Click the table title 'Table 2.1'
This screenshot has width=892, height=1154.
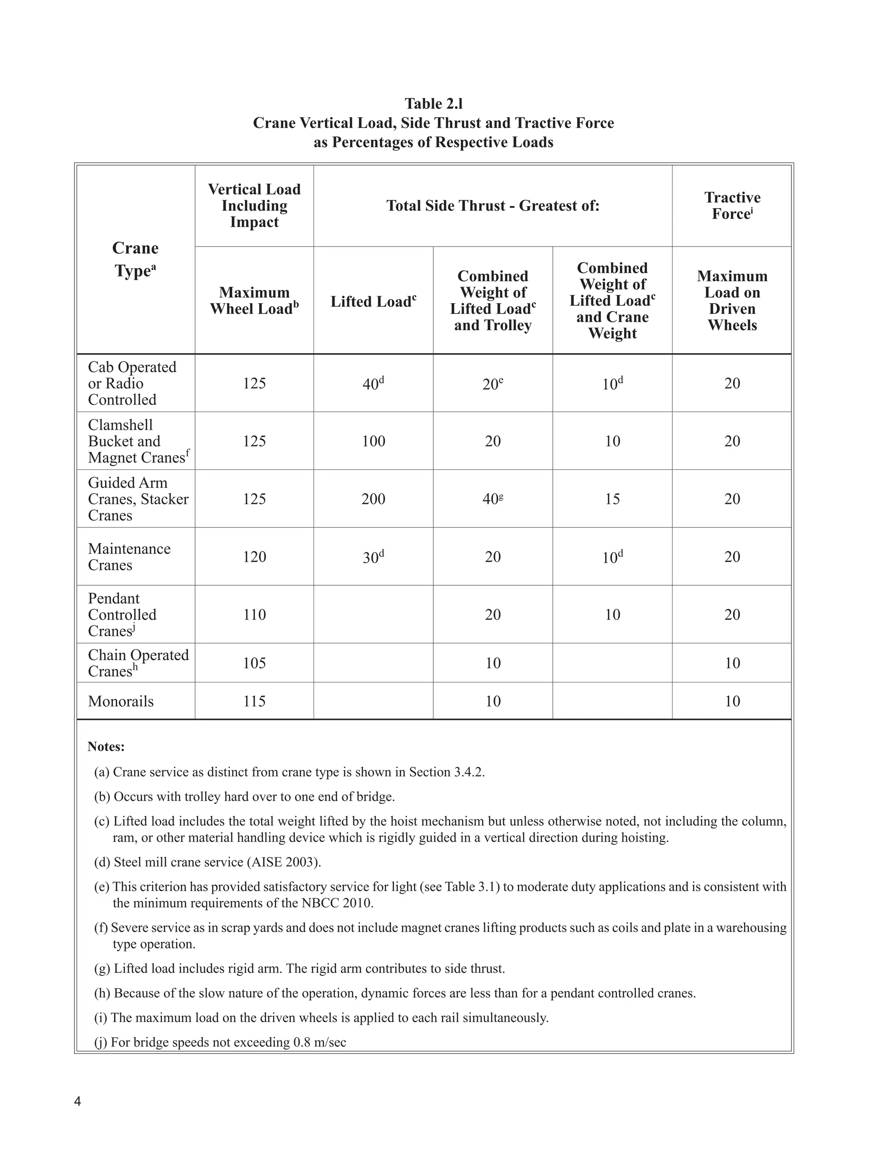433,103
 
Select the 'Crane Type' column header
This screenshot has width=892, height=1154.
135,259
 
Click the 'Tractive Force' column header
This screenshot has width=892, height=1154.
732,206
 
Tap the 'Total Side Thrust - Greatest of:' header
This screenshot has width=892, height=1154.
493,206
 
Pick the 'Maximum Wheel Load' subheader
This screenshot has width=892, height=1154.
254,300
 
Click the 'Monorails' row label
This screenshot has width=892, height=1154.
121,701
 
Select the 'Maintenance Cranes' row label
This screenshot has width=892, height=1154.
129,557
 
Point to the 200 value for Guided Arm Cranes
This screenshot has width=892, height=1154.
373,499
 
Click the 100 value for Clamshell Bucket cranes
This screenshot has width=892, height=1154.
373,441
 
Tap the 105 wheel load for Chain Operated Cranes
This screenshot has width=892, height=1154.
254,663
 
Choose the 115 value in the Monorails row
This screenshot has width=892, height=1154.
254,701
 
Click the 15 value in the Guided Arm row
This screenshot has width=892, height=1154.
612,499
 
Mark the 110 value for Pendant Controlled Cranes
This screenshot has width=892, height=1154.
254,614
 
